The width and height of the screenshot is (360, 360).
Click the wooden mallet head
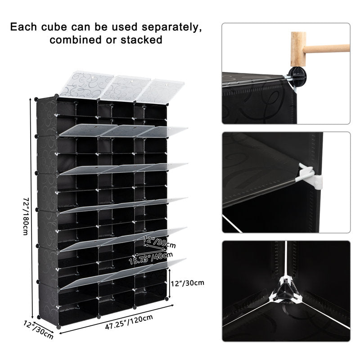298,47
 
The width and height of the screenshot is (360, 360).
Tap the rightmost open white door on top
160,90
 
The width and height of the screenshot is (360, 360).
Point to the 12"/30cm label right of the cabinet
188,283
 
